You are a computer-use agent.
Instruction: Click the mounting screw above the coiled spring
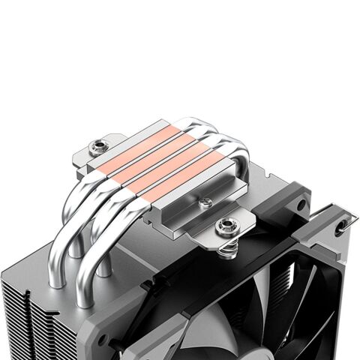pos(225,224)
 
